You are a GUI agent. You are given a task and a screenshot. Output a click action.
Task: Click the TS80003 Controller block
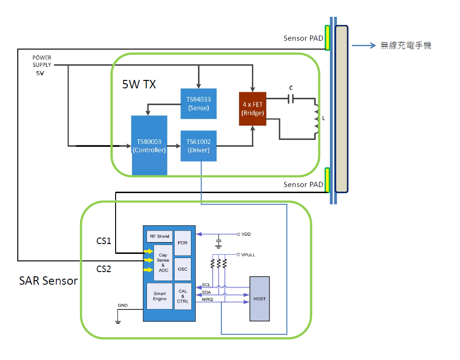click(149, 145)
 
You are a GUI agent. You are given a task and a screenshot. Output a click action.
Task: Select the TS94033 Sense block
click(198, 103)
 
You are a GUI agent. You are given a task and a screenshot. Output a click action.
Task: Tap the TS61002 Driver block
click(198, 146)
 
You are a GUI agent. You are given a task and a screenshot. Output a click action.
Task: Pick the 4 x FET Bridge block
click(252, 108)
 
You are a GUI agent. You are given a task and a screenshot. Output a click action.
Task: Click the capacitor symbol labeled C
click(291, 99)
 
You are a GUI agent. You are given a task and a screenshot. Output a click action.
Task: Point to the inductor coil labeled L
click(317, 119)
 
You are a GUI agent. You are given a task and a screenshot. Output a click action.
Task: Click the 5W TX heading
click(139, 85)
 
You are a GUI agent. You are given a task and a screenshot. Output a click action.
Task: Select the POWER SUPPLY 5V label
click(42, 65)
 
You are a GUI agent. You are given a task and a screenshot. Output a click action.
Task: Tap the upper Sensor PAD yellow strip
click(328, 38)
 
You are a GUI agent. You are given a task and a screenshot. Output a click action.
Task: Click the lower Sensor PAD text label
click(303, 185)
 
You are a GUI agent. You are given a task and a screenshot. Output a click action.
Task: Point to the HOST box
click(259, 299)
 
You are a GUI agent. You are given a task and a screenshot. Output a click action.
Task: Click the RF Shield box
click(160, 237)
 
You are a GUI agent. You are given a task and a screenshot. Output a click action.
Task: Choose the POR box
click(183, 243)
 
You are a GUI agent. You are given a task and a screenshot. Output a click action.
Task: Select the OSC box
click(183, 269)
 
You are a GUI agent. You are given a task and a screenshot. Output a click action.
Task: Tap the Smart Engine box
click(160, 296)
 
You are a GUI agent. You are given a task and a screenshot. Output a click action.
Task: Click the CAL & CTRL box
click(183, 296)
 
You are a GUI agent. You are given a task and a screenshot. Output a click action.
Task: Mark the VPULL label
click(248, 255)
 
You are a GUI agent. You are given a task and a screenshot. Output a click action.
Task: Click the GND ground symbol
click(118, 321)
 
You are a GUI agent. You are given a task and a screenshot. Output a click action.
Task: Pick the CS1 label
click(103, 241)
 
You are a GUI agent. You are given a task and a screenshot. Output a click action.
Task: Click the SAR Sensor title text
click(48, 281)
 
